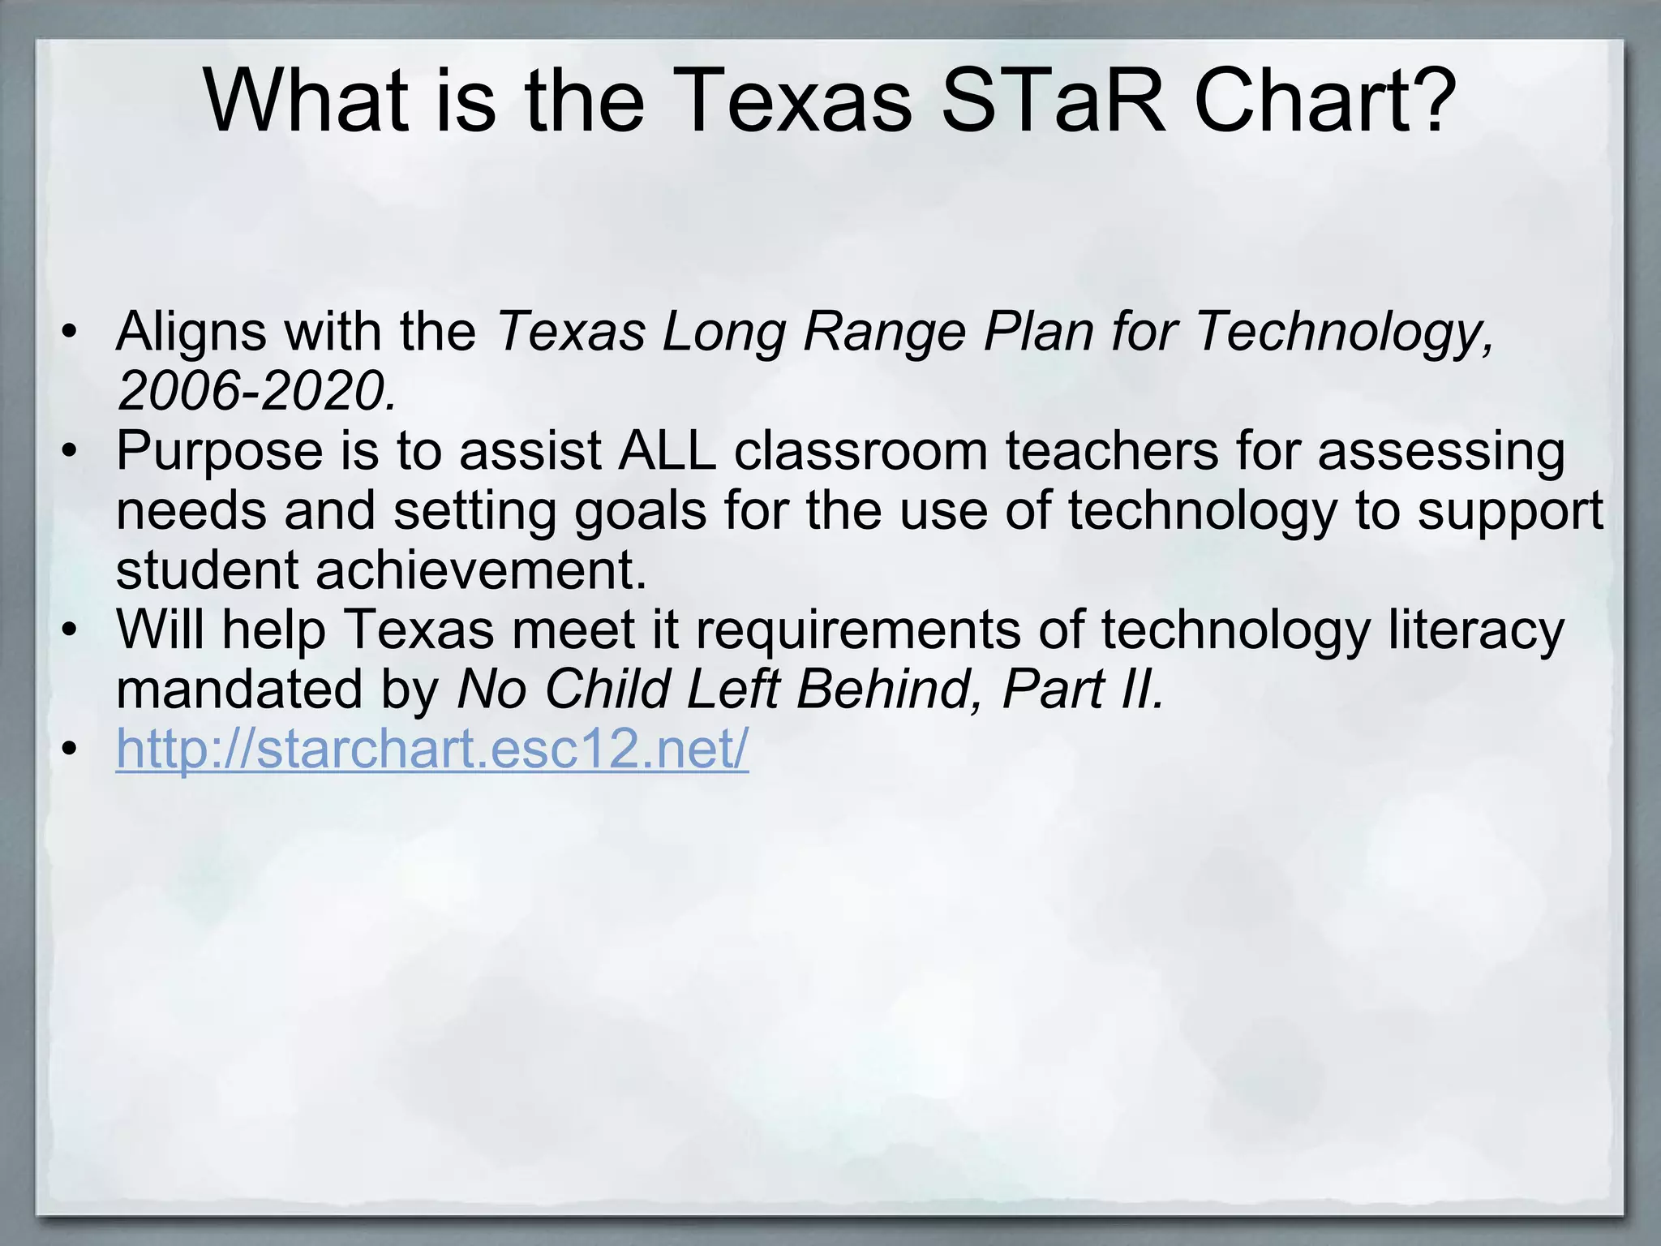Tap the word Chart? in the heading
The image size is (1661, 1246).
click(1325, 101)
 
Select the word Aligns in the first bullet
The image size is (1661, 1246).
click(191, 333)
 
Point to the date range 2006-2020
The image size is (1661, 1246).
click(256, 391)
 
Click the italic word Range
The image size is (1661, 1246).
click(884, 333)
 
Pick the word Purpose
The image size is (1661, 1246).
click(219, 451)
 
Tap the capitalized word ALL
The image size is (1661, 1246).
click(667, 451)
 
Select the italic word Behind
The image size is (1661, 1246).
click(884, 690)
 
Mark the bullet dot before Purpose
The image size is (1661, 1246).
click(71, 451)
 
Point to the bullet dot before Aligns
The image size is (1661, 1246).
click(71, 333)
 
